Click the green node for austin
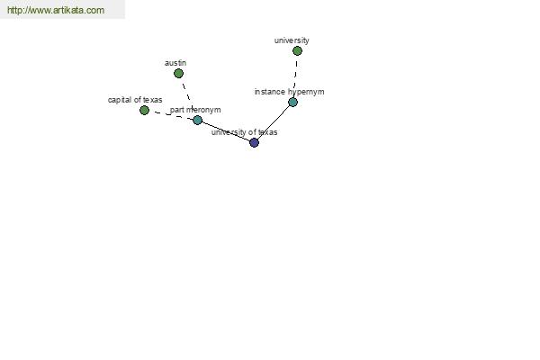178,74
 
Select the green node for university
297,51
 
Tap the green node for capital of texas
144,110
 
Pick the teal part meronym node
197,120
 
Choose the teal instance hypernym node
292,102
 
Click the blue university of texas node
254,142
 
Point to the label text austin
175,63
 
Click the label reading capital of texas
135,100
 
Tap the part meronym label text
195,110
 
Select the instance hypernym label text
289,92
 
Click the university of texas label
245,132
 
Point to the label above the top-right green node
292,40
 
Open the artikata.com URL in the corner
56,10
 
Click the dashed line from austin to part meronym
187,95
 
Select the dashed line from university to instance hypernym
296,76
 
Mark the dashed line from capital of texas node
171,114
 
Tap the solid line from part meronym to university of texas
226,131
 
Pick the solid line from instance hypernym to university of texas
274,122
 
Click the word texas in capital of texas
153,100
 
